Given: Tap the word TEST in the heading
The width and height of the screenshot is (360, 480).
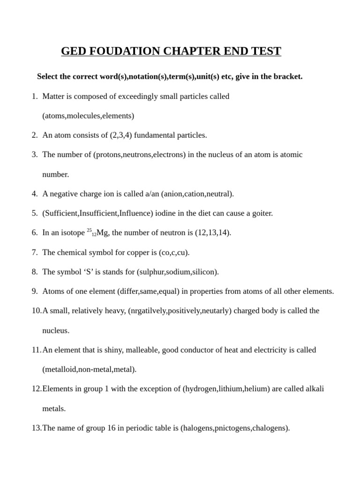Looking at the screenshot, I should pos(265,51).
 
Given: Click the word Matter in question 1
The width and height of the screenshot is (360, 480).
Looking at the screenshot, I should pos(53,96).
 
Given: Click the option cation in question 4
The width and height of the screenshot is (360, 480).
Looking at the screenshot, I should pos(194,194).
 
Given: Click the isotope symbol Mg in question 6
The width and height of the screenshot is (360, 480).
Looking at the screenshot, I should pos(102,233).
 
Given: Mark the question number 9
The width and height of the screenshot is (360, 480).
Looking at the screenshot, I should pos(35,291).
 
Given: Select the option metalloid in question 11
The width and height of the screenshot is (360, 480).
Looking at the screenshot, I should pos(60,369).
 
